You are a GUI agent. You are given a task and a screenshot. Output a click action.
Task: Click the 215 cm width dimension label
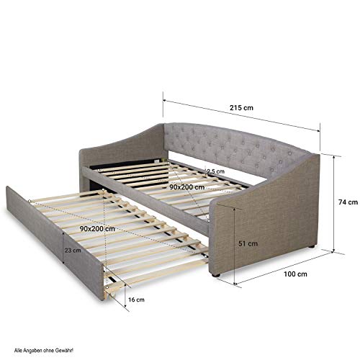pyautogui.click(x=241, y=108)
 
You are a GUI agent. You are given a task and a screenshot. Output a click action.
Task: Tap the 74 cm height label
pyautogui.click(x=348, y=202)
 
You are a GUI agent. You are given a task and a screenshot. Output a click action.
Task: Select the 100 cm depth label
pyautogui.click(x=295, y=274)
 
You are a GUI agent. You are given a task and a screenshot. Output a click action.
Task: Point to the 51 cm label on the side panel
pyautogui.click(x=248, y=243)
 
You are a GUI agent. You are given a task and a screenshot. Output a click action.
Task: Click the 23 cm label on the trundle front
pyautogui.click(x=73, y=251)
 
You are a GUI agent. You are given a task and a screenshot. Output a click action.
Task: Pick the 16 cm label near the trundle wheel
pyautogui.click(x=136, y=300)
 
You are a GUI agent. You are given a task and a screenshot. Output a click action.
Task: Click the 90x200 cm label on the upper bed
pyautogui.click(x=187, y=187)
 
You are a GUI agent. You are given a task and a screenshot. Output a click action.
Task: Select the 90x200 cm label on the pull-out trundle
pyautogui.click(x=97, y=229)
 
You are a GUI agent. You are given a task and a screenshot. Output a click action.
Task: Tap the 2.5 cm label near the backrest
pyautogui.click(x=215, y=171)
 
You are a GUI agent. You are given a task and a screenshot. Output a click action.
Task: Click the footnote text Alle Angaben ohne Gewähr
pyautogui.click(x=44, y=351)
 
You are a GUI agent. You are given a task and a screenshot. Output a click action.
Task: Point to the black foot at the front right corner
pyautogui.click(x=216, y=275)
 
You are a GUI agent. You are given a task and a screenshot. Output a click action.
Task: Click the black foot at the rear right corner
pyautogui.click(x=312, y=246)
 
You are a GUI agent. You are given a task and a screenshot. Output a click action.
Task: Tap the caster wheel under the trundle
pyautogui.click(x=111, y=296)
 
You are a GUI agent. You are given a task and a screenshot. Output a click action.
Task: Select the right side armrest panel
pyautogui.click(x=264, y=216)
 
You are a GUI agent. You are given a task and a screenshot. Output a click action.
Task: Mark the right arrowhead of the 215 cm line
pyautogui.click(x=318, y=130)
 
